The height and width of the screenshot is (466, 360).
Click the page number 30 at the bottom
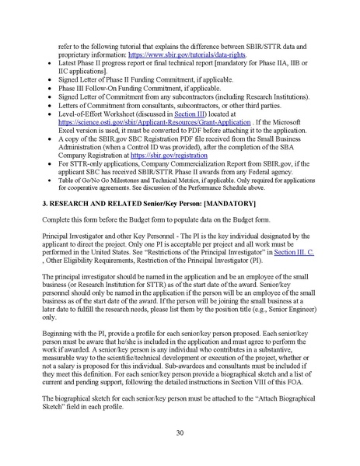[x=180, y=433]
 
